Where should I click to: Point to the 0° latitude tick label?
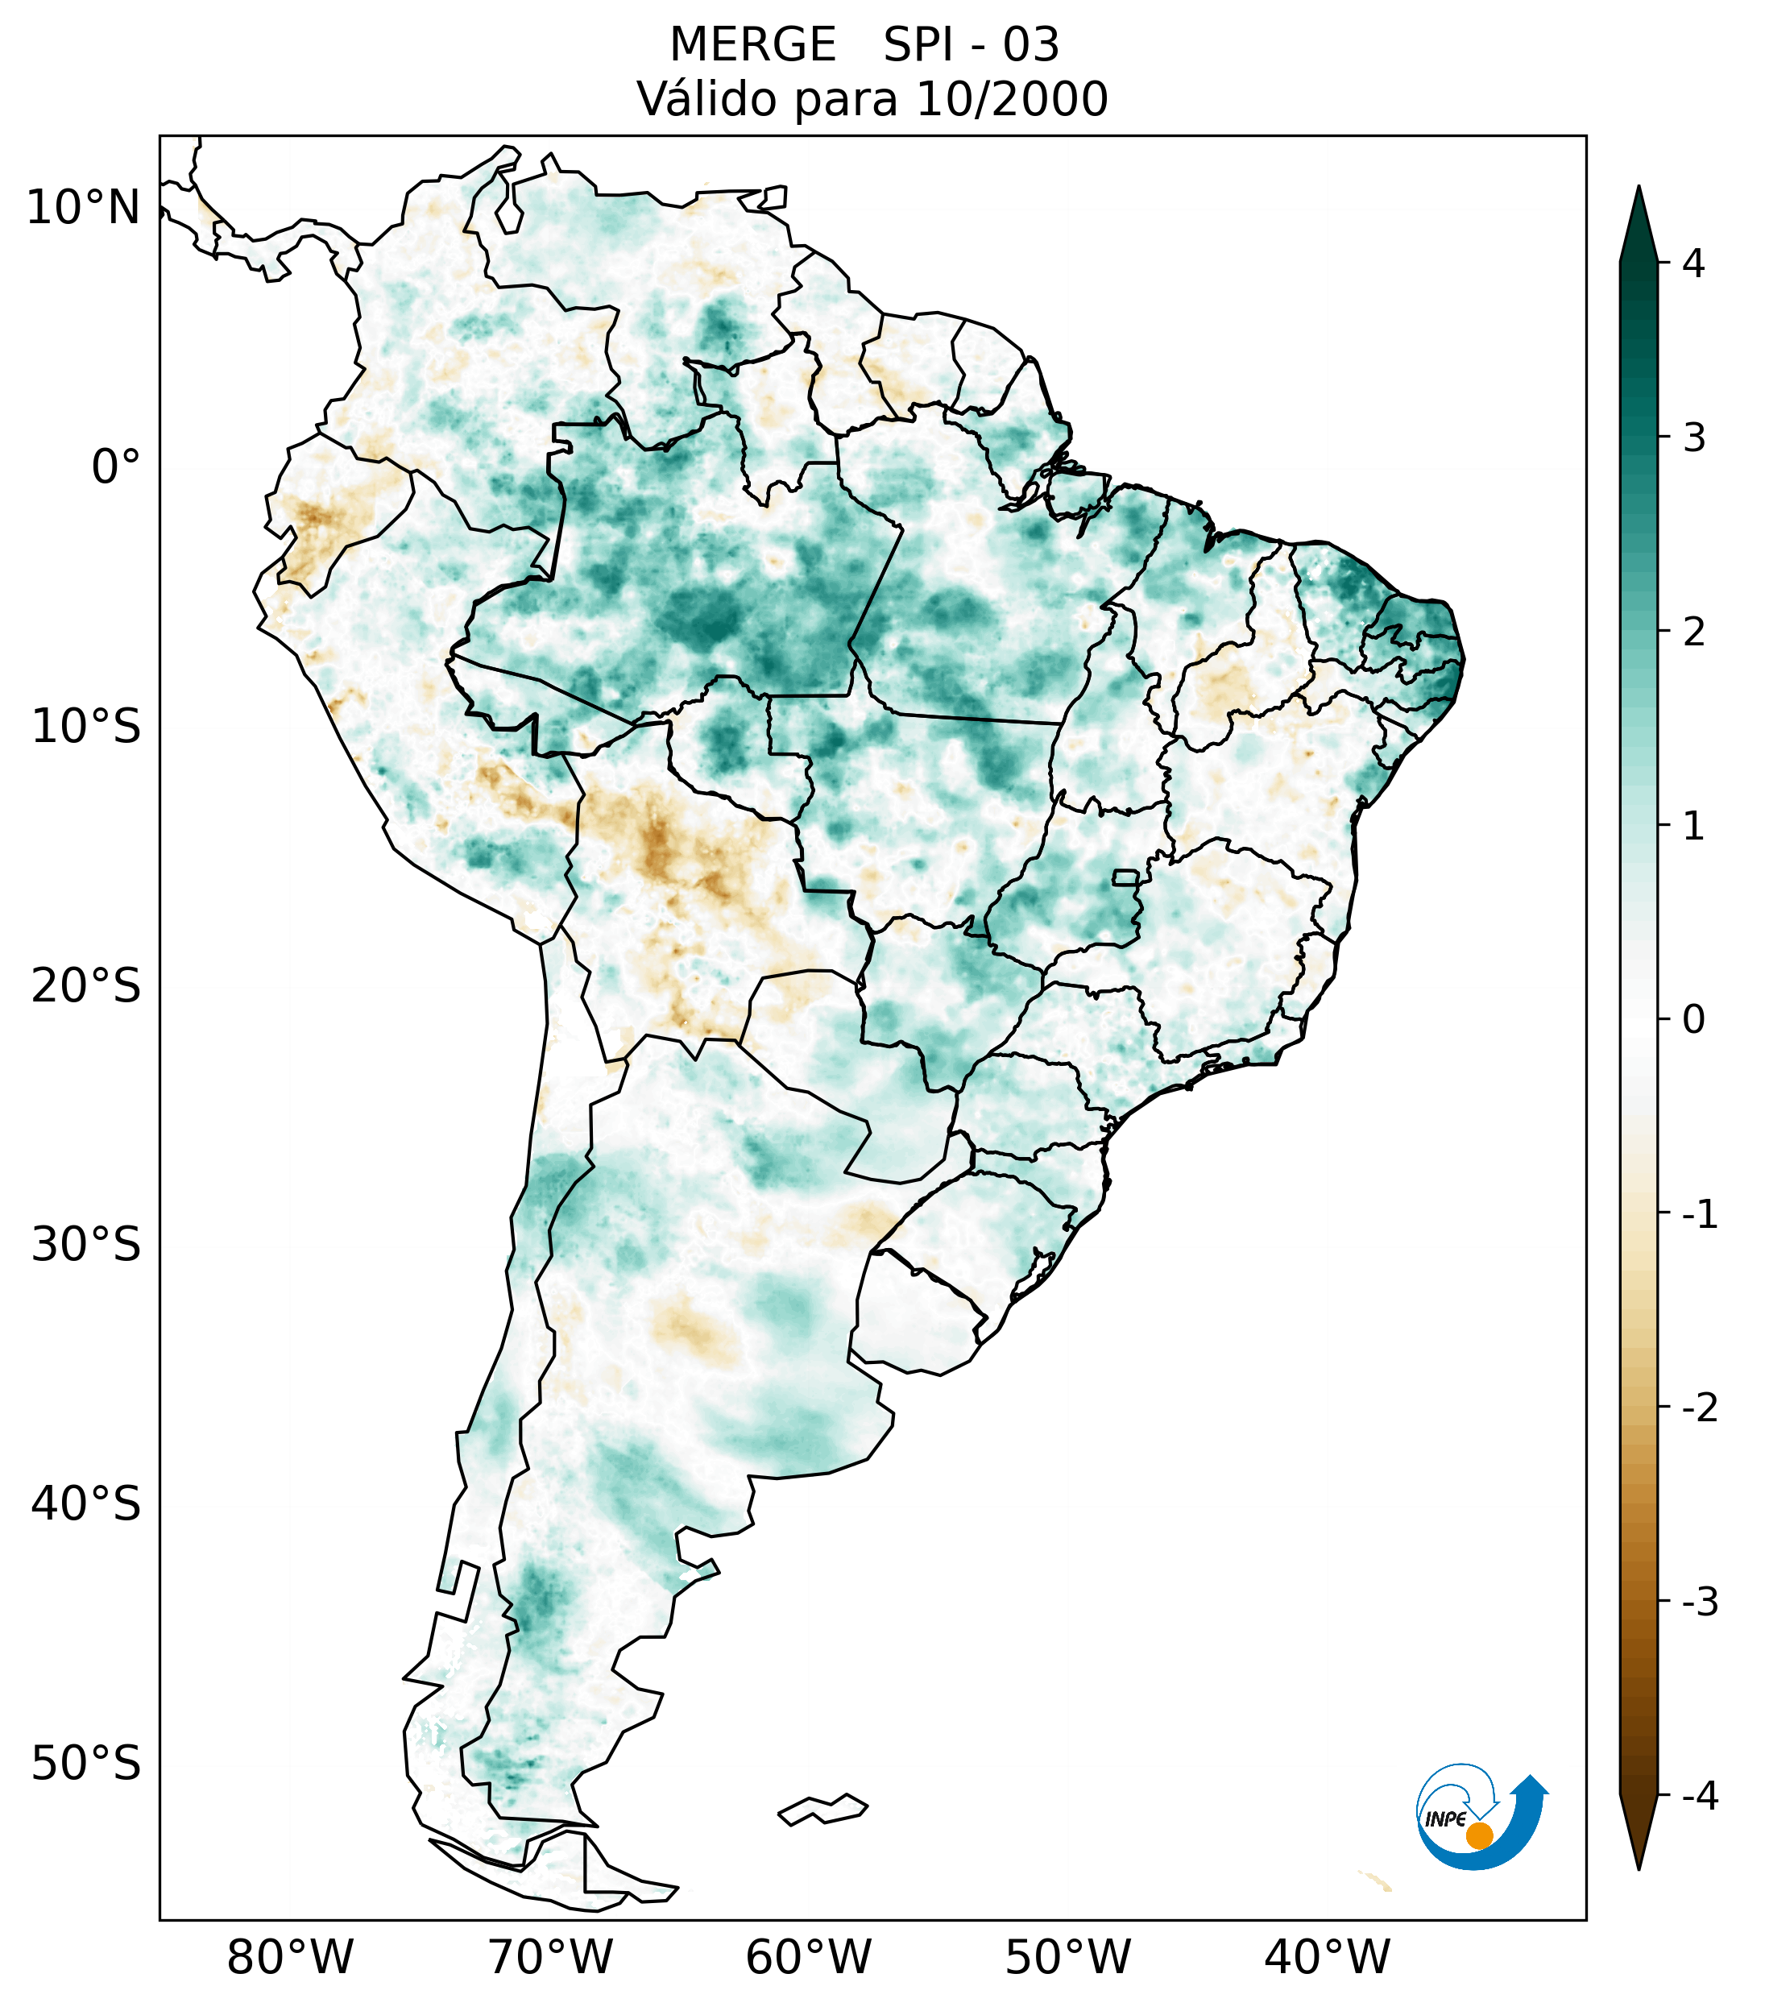(x=116, y=467)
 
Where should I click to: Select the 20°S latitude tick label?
(x=86, y=986)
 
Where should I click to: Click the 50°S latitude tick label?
(x=86, y=1764)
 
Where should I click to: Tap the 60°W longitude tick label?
(x=808, y=1957)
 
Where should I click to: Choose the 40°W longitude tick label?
(x=1328, y=1957)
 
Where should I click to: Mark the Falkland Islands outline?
(x=822, y=1809)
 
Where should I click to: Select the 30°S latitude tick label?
(x=86, y=1245)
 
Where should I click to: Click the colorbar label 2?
(x=1693, y=632)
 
